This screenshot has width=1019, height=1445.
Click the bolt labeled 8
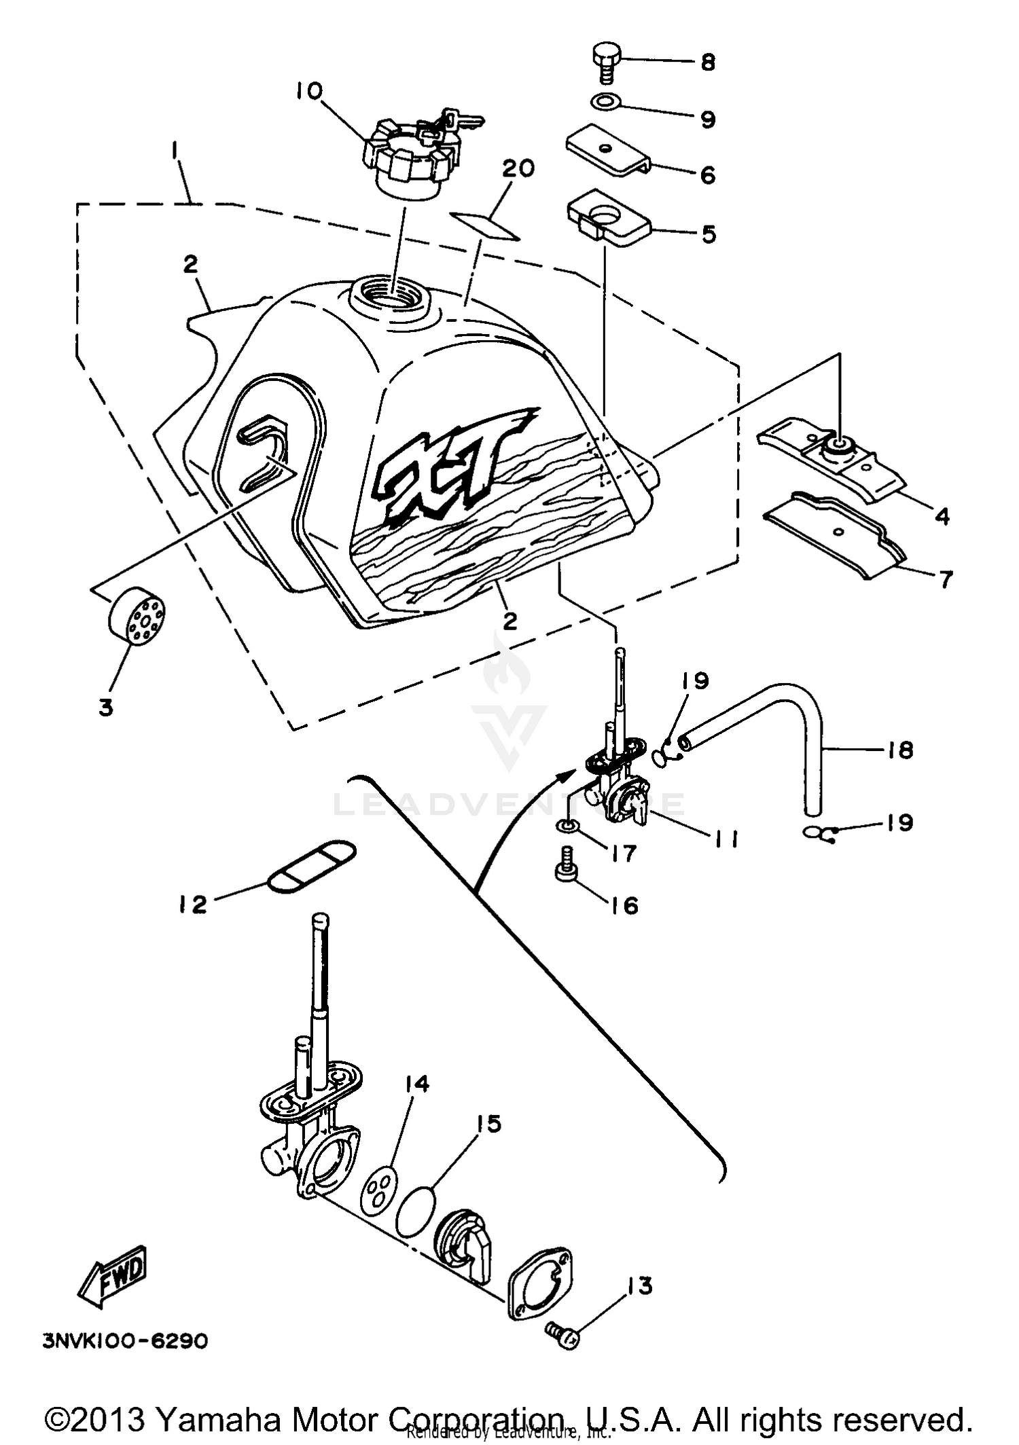604,62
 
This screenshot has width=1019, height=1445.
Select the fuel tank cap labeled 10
406,162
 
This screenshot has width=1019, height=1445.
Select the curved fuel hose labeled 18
781,713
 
